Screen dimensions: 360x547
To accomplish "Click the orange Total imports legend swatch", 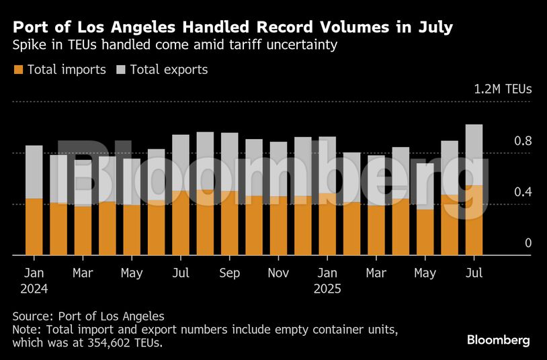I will click(18, 70).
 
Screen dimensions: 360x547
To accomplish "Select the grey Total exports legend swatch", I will click(121, 70).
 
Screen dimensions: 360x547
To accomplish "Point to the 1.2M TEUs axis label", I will click(503, 89).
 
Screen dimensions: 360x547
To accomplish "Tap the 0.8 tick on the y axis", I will click(523, 141).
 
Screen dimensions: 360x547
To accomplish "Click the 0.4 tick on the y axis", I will click(523, 192).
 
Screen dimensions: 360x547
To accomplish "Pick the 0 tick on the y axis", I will click(528, 243).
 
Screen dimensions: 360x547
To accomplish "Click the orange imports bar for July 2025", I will click(474, 220).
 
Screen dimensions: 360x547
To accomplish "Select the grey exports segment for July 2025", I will click(474, 155).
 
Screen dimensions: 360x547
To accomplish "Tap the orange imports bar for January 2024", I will click(34, 227).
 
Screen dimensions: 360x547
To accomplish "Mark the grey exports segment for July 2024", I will click(181, 163).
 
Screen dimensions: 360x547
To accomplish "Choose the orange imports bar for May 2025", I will click(425, 232).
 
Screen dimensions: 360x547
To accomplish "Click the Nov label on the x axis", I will click(278, 273).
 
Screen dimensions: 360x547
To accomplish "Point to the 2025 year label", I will click(327, 289).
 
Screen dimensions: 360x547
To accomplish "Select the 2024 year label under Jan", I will click(34, 289).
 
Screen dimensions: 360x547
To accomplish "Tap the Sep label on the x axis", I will click(229, 273).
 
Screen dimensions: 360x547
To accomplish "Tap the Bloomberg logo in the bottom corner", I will click(498, 341).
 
